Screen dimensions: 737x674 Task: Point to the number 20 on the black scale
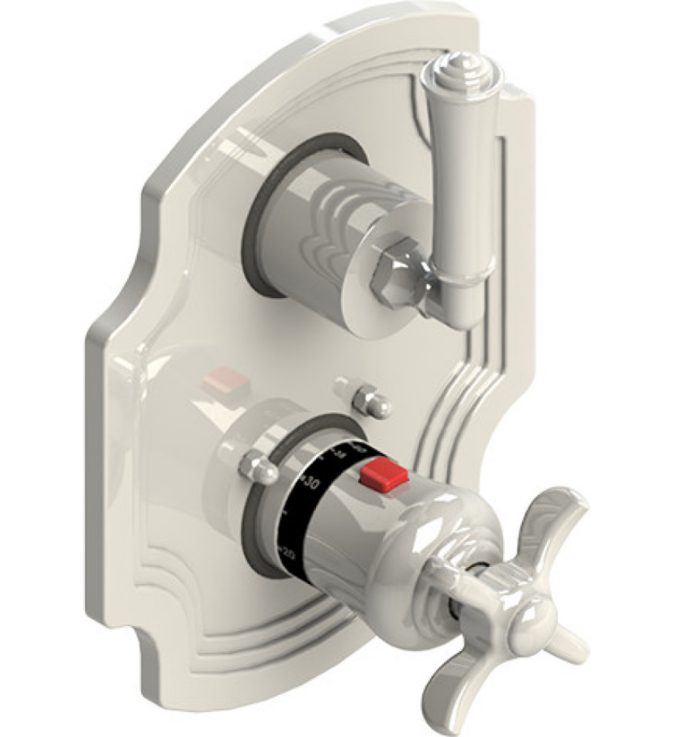click(x=287, y=553)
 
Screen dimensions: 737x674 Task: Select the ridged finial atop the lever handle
click(x=462, y=66)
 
